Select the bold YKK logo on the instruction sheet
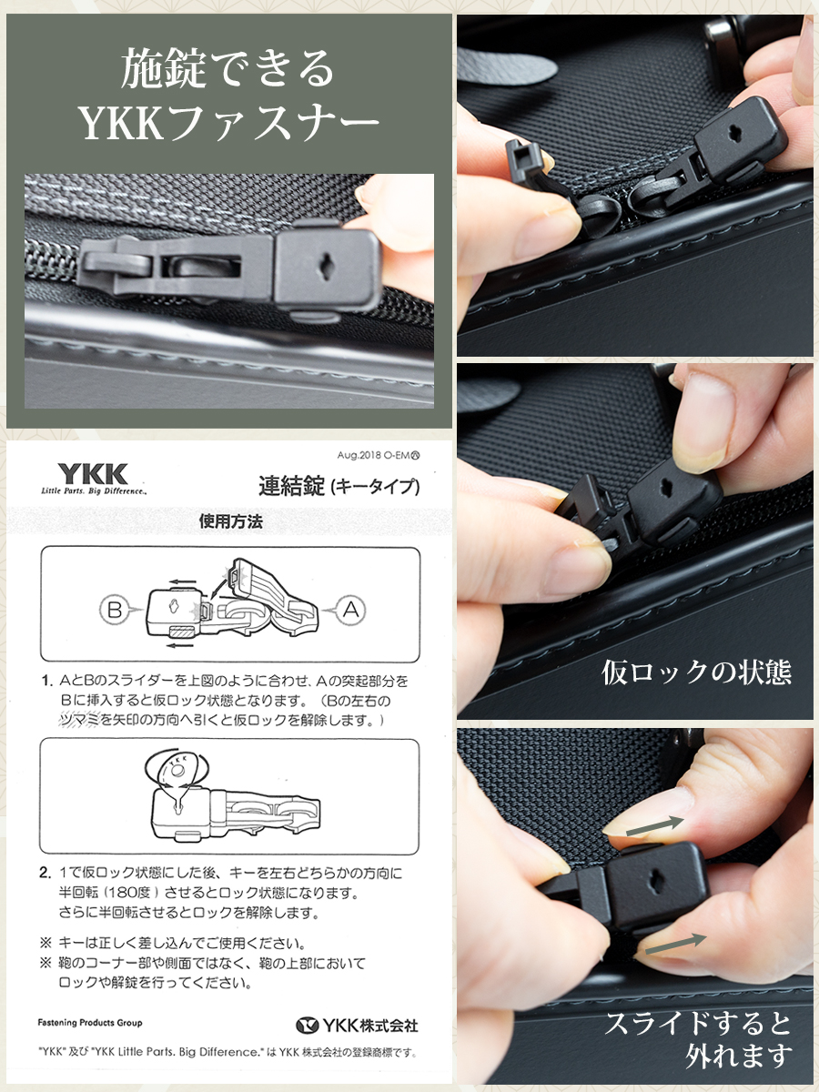click(93, 474)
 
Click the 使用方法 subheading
click(230, 521)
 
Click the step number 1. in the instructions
click(45, 681)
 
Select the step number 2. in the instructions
click(45, 873)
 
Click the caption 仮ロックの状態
click(696, 672)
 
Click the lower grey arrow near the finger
click(671, 944)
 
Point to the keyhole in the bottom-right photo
click(657, 881)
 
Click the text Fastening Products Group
click(90, 1023)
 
